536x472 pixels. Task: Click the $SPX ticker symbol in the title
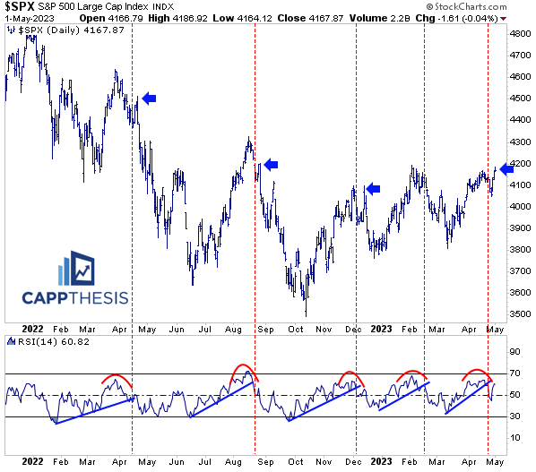point(21,7)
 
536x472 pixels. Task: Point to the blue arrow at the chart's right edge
point(507,168)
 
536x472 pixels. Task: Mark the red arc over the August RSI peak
point(243,368)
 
